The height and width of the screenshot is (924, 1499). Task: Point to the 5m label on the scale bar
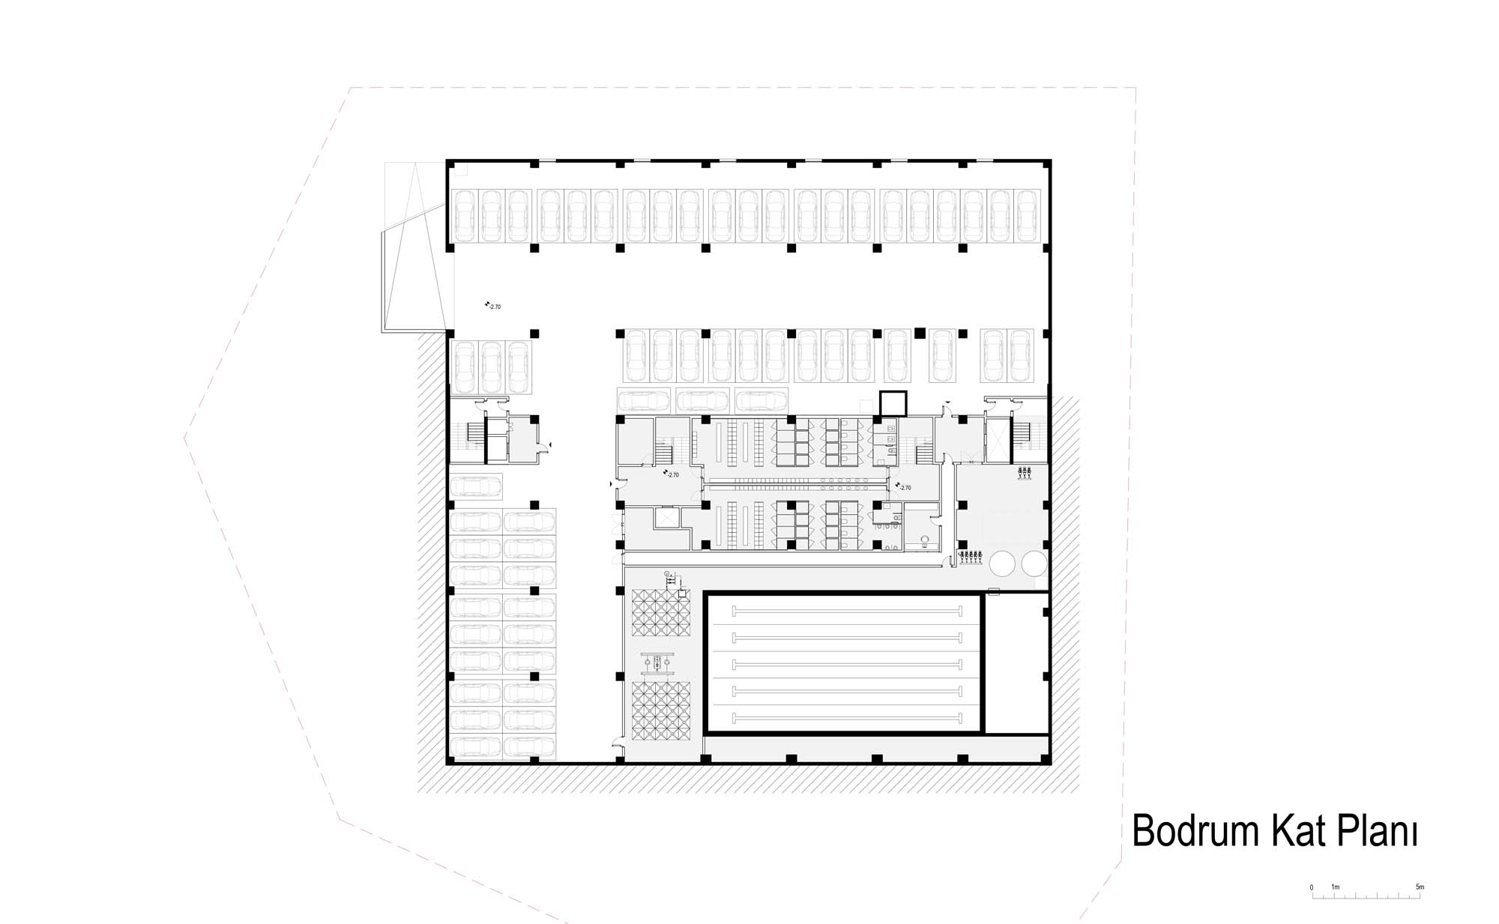click(x=1420, y=887)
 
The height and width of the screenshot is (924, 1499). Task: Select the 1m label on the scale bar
click(x=1335, y=887)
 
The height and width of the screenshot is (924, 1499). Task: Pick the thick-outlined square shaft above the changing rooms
click(x=893, y=404)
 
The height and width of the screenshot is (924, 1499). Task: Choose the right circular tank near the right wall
click(x=1034, y=563)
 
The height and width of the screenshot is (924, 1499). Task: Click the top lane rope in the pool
click(x=845, y=609)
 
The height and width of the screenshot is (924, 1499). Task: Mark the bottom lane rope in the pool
click(x=845, y=717)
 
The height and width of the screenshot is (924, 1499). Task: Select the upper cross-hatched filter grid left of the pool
click(x=660, y=614)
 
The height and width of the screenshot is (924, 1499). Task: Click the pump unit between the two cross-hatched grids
click(x=660, y=662)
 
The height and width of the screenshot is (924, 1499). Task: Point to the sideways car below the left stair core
click(x=476, y=486)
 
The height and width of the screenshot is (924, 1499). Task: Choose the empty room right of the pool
click(x=1016, y=662)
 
